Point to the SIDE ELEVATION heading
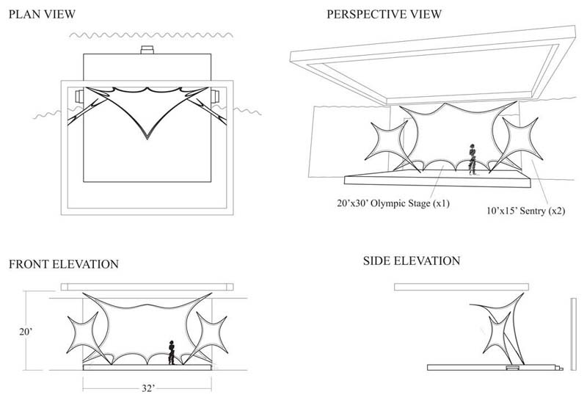[412, 261]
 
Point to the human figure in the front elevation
[172, 352]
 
